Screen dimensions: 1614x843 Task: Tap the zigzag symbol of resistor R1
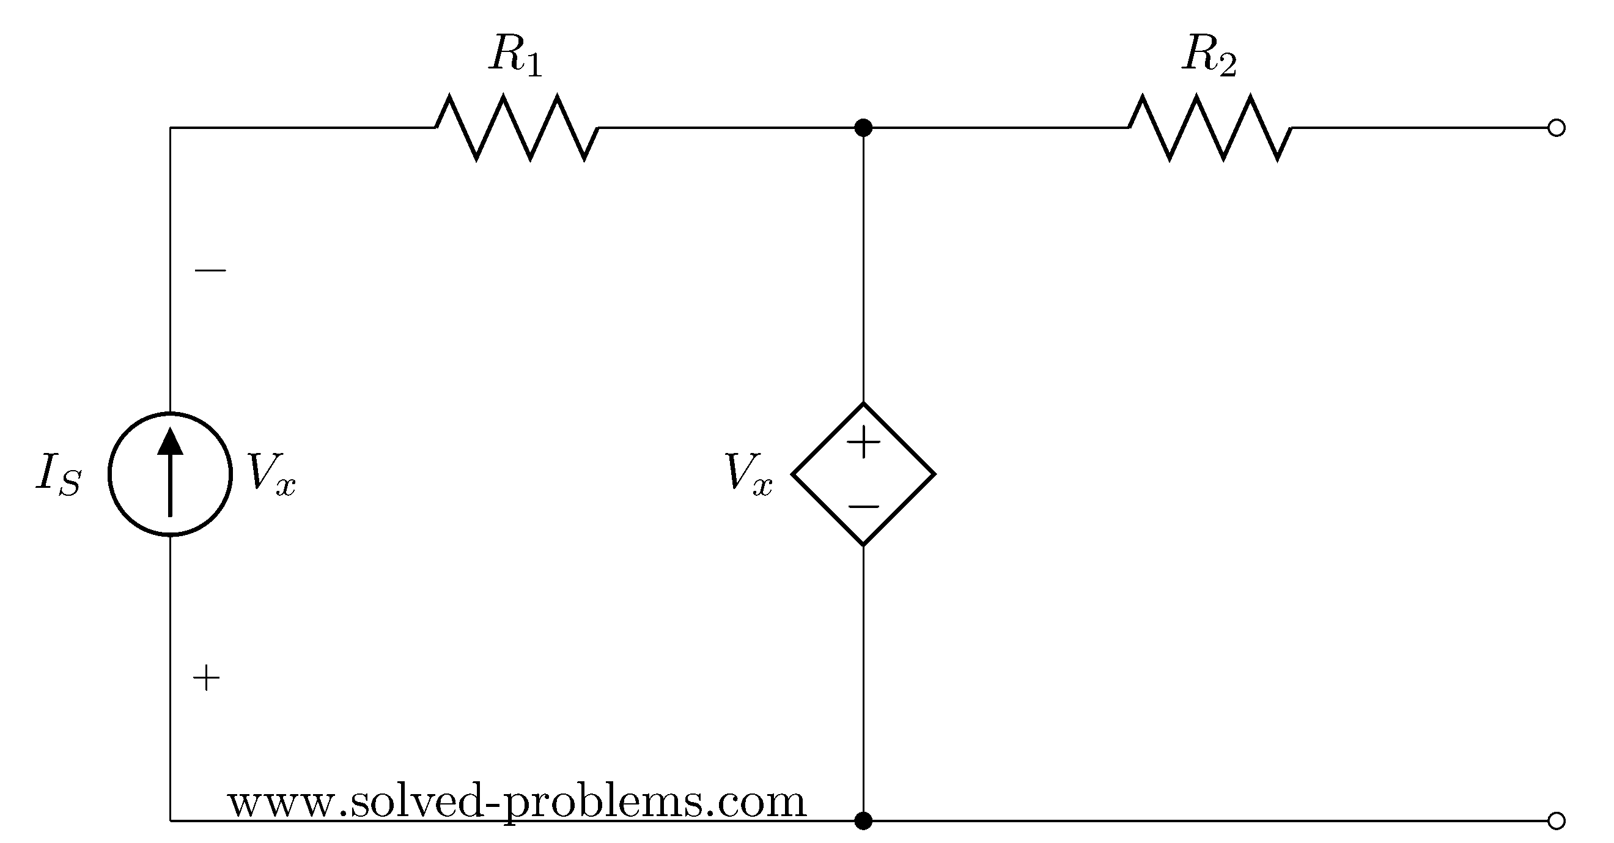click(517, 128)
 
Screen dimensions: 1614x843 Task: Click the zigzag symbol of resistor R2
click(1210, 128)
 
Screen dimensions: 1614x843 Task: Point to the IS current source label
click(58, 474)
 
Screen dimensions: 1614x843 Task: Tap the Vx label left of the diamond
click(748, 474)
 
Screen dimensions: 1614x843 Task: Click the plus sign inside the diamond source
click(863, 442)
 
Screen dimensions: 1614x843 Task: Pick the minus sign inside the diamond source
click(863, 506)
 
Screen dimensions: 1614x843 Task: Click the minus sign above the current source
click(210, 271)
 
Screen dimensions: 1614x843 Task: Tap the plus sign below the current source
click(206, 678)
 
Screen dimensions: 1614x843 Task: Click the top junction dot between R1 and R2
click(863, 128)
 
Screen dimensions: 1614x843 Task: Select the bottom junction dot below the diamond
click(863, 820)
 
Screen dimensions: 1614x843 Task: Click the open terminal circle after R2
click(1557, 128)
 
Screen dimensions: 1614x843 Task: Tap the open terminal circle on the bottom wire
click(1557, 820)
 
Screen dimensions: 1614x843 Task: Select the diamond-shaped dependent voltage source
click(863, 474)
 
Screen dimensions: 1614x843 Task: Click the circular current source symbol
click(170, 474)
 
